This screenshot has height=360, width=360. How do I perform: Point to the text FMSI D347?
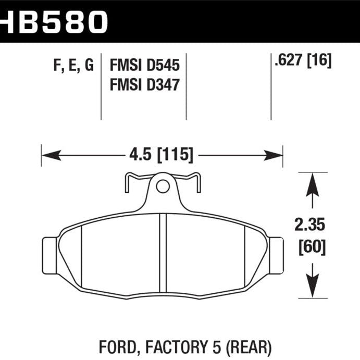pyautogui.click(x=144, y=83)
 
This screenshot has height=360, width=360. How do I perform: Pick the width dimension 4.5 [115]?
pyautogui.click(x=162, y=155)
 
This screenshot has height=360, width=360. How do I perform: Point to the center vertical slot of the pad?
pyautogui.click(x=162, y=253)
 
